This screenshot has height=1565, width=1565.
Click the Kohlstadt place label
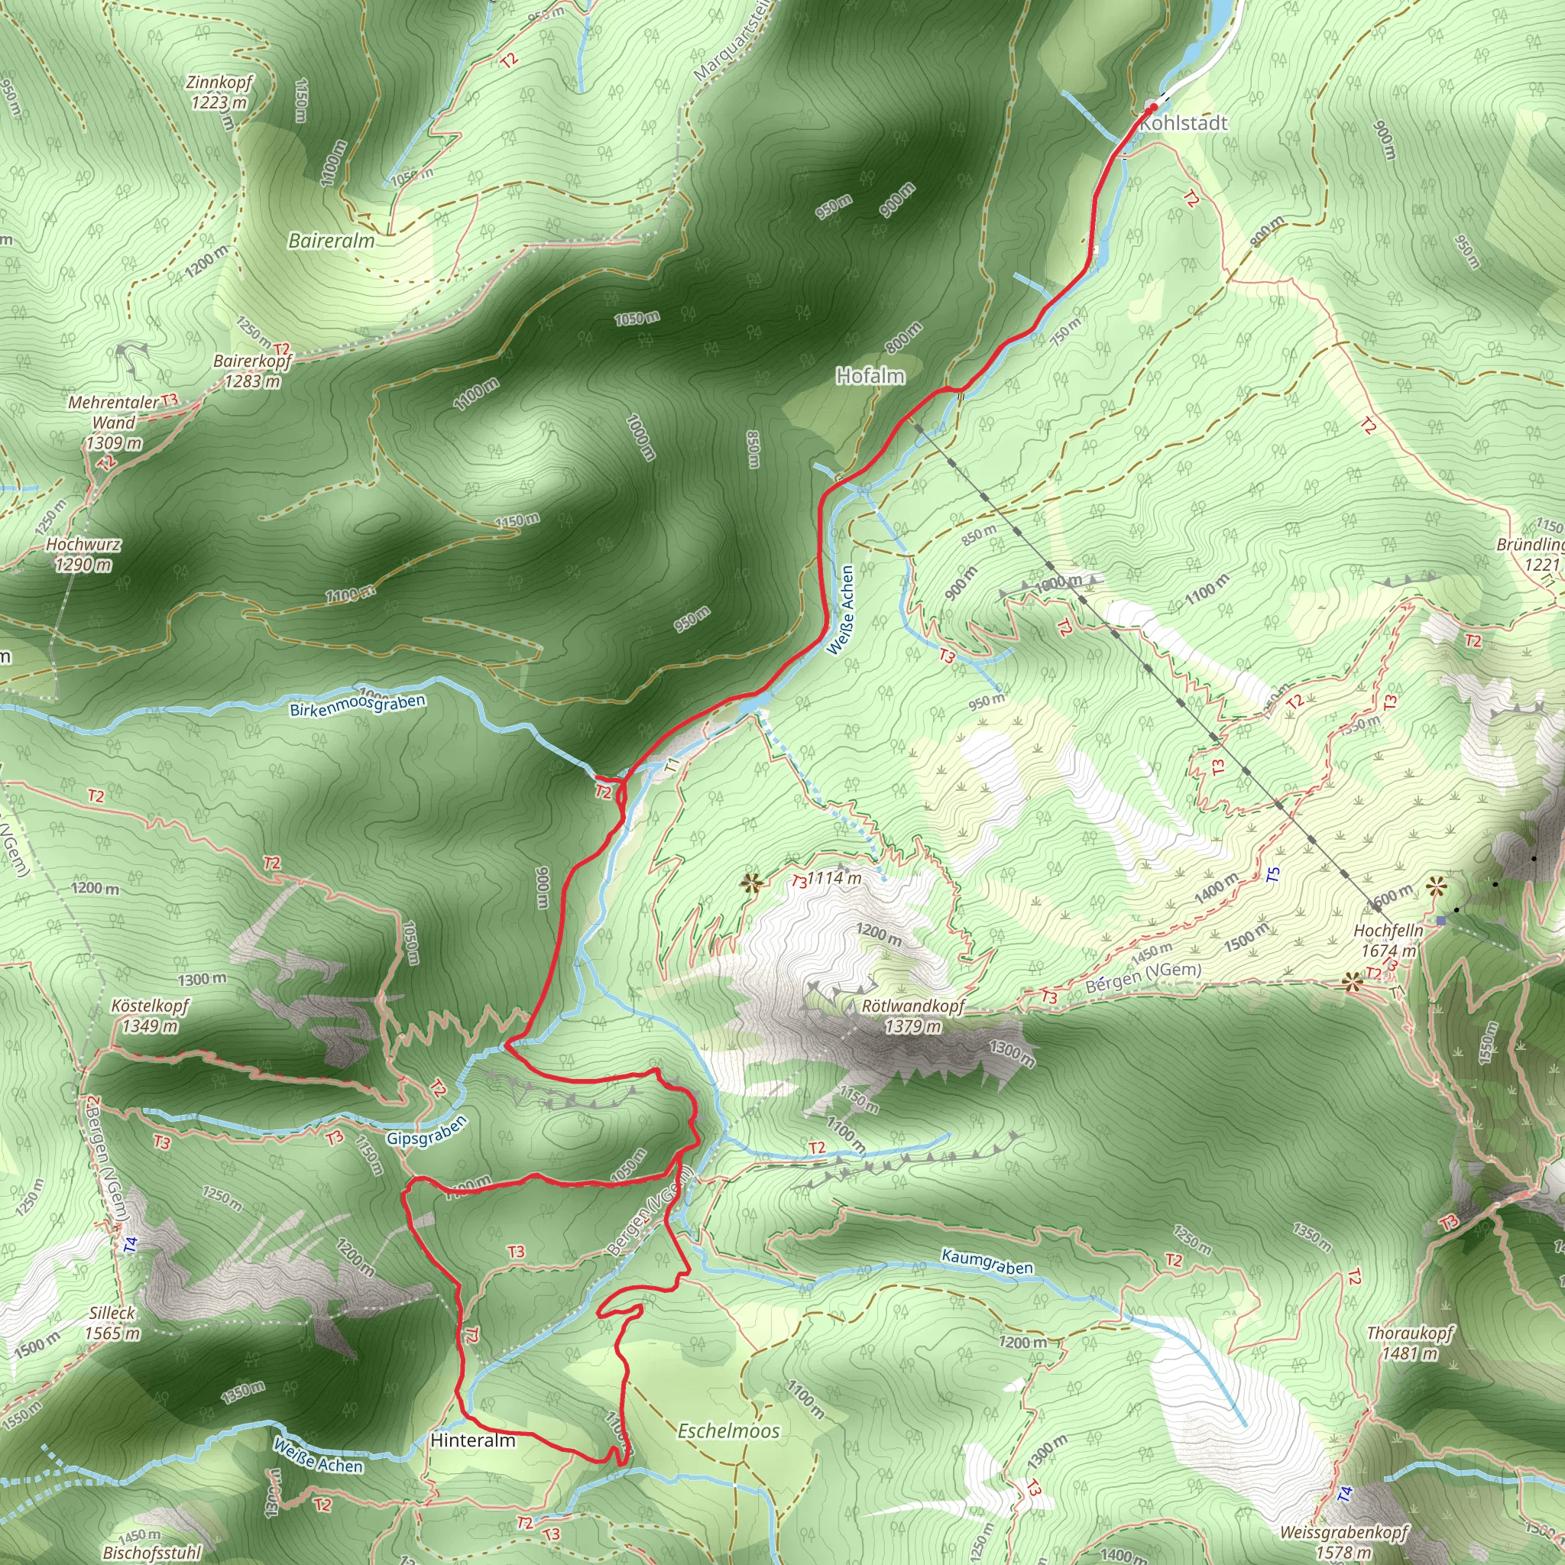click(x=1184, y=123)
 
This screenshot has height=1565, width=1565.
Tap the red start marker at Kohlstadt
click(x=1152, y=106)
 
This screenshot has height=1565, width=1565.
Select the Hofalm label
click(x=870, y=376)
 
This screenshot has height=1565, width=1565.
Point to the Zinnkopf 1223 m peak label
click(x=219, y=92)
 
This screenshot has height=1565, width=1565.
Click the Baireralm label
click(x=332, y=241)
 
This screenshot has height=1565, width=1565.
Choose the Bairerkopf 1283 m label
click(x=252, y=370)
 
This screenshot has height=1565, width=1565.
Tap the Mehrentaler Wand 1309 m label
click(x=113, y=422)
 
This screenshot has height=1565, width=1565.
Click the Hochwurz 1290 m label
click(x=83, y=554)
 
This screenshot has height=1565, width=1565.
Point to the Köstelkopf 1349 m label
click(x=150, y=1015)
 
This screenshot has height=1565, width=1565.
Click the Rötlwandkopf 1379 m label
click(x=913, y=1016)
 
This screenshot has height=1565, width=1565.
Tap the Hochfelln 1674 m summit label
click(x=1388, y=941)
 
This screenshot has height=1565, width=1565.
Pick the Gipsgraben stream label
click(x=427, y=1131)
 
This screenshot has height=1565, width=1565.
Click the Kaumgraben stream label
click(x=987, y=1261)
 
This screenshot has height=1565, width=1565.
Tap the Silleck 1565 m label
click(x=112, y=1323)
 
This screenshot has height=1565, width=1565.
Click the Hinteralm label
click(x=473, y=1440)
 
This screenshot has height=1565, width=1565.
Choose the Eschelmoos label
click(x=728, y=1431)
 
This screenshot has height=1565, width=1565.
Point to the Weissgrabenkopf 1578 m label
click(x=1344, y=1541)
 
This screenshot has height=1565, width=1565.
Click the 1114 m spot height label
click(x=834, y=877)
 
